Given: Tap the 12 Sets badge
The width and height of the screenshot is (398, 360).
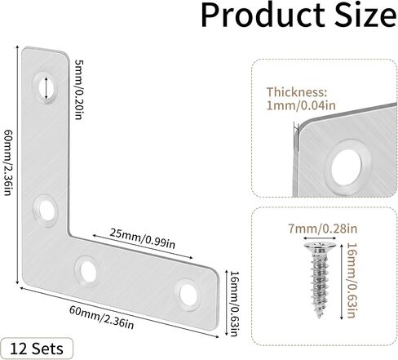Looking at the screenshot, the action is pos(37,349).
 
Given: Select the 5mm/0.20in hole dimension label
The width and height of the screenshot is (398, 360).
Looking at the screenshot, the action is pos(79,90).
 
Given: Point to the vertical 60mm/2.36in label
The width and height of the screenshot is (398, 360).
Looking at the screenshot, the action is pos(7,162).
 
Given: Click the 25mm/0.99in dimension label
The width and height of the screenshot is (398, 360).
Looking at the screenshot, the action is pos(143,238).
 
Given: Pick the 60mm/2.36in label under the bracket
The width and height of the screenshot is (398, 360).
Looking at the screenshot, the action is pos(101,318).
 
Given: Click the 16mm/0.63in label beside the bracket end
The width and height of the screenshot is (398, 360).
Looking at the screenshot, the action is pos(235,304).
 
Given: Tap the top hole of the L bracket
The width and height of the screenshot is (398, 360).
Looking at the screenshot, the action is pos(46,88).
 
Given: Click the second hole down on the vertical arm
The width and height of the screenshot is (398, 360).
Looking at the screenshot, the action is pos(46,211).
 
